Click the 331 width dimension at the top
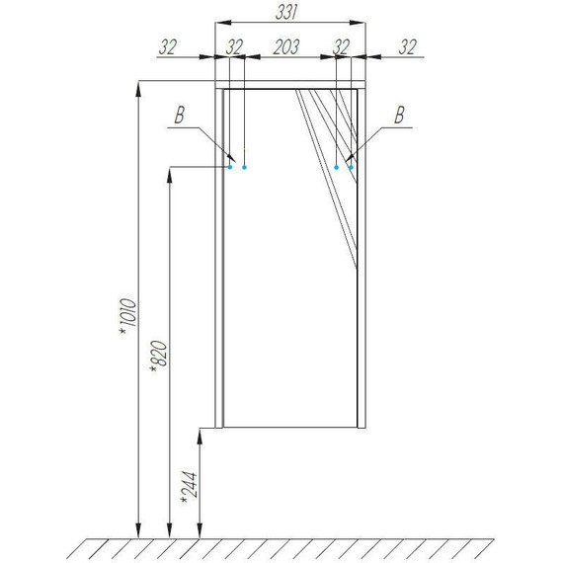coord(286,13)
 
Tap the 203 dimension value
coord(286,47)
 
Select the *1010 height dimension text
coord(127,316)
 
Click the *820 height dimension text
coord(159,356)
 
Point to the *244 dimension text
coord(190,487)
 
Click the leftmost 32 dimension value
coord(168,47)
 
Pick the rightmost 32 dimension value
coord(408,47)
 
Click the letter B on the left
coord(180,115)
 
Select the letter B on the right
coord(400,115)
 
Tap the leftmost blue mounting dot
coord(230,167)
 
